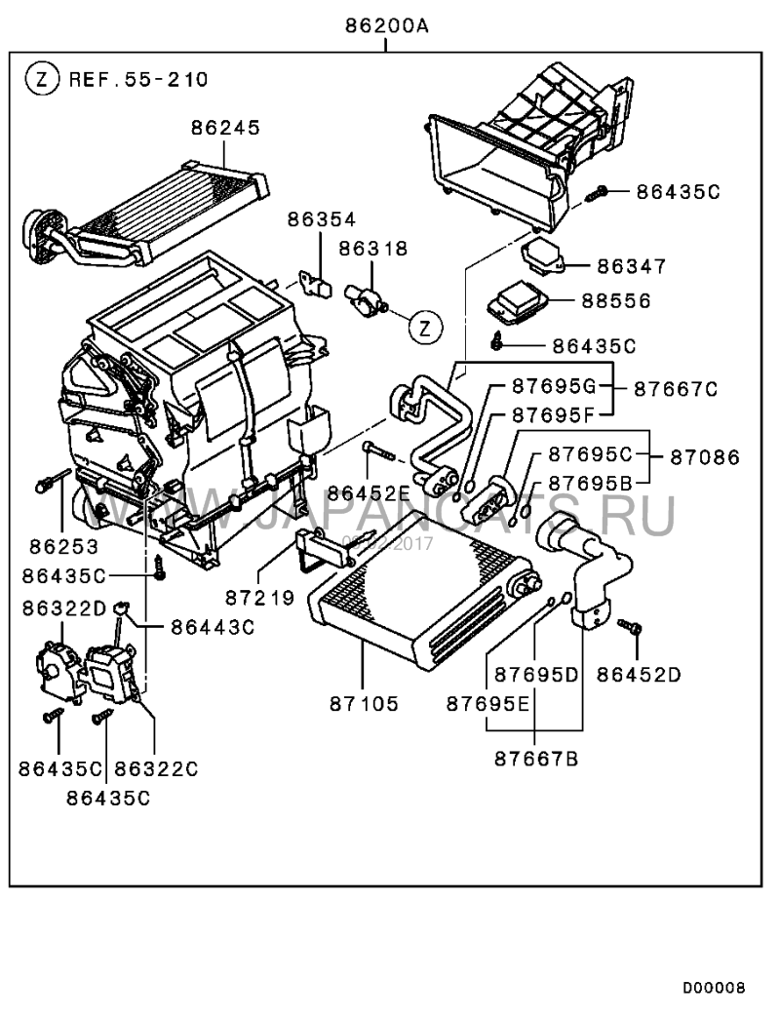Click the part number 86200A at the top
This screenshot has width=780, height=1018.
386,27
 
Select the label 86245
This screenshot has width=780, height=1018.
225,128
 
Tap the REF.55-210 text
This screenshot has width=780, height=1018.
137,79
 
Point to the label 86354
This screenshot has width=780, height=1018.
321,220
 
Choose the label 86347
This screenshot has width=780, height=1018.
631,265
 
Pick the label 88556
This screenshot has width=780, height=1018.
631,300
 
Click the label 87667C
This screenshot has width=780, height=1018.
676,388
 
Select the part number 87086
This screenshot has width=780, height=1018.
705,456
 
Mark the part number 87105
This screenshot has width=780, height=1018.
364,702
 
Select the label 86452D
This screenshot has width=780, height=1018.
639,673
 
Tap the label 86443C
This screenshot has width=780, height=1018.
212,626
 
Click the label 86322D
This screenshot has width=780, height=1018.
63,608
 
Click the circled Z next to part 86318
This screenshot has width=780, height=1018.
425,328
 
